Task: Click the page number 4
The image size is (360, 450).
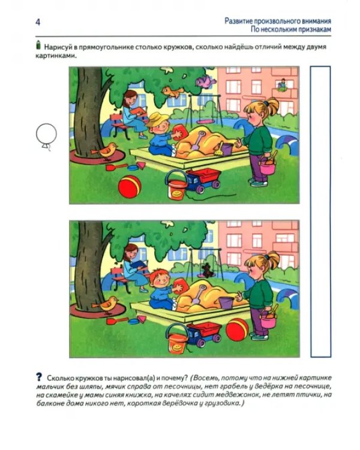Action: point(38,22)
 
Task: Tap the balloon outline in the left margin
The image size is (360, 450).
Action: point(46,134)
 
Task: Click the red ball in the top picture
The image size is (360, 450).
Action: point(130,187)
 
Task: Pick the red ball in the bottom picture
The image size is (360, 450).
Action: point(237,329)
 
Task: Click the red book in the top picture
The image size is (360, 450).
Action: point(139,110)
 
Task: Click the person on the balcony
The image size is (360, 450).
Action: point(283,85)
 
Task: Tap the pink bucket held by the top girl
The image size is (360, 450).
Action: point(267,166)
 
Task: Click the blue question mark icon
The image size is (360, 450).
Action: point(39,377)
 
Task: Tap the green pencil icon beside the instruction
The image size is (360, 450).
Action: point(38,46)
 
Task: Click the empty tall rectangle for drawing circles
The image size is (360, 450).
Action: point(320,212)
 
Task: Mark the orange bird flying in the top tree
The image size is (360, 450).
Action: point(172,92)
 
